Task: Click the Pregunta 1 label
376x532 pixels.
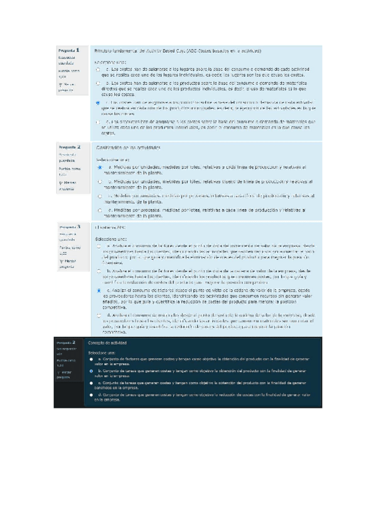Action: point(68,50)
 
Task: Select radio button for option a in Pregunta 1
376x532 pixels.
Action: point(98,70)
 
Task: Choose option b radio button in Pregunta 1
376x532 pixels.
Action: point(98,83)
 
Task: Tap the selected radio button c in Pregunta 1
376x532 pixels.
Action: point(98,102)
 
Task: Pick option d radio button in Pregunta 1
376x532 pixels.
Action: point(98,122)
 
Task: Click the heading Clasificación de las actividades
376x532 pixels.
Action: point(128,147)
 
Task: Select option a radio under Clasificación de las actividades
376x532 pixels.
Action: point(100,168)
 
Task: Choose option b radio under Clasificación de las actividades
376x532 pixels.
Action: point(100,181)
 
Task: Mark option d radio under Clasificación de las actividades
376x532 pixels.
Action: point(100,210)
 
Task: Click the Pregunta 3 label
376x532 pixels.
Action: point(69,226)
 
